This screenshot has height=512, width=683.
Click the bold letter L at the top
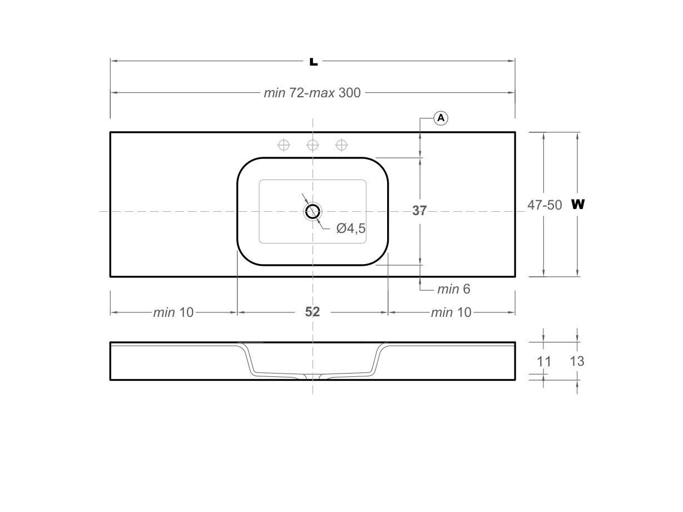[x=313, y=61]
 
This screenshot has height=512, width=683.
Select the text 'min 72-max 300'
[x=312, y=93]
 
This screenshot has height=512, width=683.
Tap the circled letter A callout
[x=441, y=118]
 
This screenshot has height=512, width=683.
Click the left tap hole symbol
[x=284, y=145]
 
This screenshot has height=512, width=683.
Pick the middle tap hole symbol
[x=313, y=145]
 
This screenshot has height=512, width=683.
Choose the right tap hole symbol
[x=341, y=145]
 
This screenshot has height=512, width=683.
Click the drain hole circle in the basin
[x=313, y=211]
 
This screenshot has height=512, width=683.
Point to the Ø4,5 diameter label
[x=351, y=228]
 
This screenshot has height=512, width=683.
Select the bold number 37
[x=419, y=211]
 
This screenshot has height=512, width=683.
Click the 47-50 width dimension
[x=545, y=205]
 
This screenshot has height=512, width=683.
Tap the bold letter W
[x=578, y=204]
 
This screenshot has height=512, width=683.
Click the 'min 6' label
[x=453, y=289]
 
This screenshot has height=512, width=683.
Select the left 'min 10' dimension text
[x=174, y=312]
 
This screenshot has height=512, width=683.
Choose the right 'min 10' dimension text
[x=451, y=312]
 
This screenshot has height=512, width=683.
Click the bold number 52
[x=313, y=312]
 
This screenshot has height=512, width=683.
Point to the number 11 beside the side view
[x=544, y=361]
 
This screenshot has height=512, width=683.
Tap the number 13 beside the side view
[x=577, y=361]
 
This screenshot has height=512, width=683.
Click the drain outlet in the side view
[x=313, y=377]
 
